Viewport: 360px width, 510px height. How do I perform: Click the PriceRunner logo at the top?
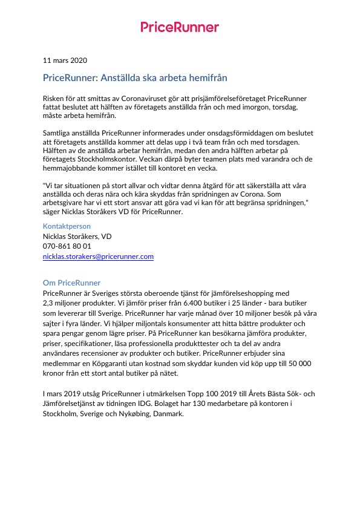180,27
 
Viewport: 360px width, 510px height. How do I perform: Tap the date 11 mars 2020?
65,60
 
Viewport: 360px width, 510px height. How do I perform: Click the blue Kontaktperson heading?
67,226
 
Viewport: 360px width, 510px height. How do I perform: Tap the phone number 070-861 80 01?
67,246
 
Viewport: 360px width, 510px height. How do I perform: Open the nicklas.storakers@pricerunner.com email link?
98,257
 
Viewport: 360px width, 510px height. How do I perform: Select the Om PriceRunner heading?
71,283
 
